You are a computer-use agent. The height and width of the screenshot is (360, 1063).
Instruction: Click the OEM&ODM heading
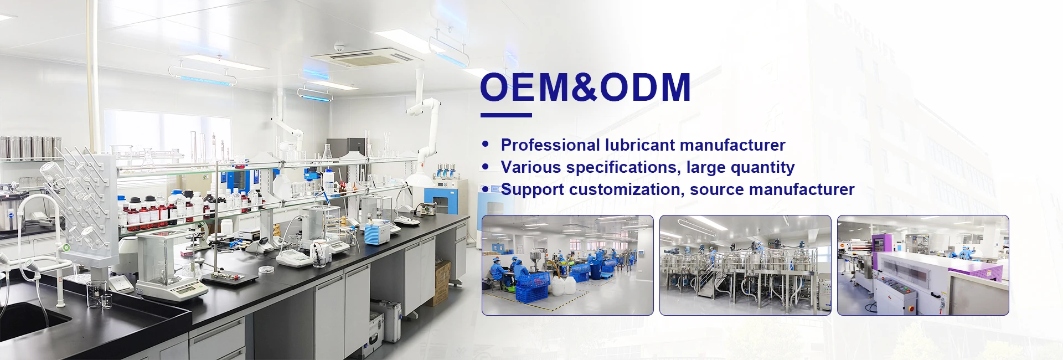pyautogui.click(x=585, y=88)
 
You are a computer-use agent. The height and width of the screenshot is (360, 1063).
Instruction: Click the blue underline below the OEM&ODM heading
pyautogui.click(x=506, y=115)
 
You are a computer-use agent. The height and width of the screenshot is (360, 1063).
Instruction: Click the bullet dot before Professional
pyautogui.click(x=486, y=145)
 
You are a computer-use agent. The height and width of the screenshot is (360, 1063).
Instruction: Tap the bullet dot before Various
pyautogui.click(x=486, y=167)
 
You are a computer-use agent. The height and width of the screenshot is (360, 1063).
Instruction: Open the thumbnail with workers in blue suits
pyautogui.click(x=567, y=265)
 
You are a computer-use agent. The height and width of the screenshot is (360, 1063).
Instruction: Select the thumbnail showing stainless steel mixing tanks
pyautogui.click(x=745, y=265)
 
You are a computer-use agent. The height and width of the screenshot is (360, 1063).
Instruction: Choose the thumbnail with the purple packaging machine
pyautogui.click(x=923, y=265)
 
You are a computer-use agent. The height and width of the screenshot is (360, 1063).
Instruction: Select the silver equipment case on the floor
pyautogui.click(x=386, y=320)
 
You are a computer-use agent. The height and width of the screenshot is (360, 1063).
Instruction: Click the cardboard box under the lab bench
pyautogui.click(x=442, y=282)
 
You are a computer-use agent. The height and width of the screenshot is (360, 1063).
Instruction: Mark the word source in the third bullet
pyautogui.click(x=716, y=189)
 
